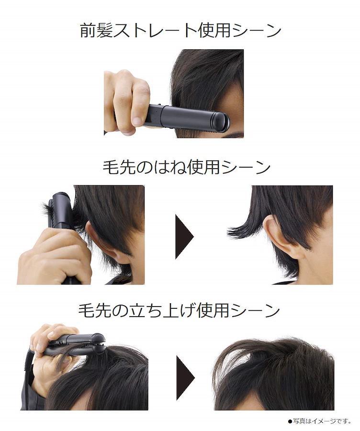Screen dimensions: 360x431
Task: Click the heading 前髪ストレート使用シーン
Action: pos(180,31)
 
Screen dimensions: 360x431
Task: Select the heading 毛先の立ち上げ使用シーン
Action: pos(179,311)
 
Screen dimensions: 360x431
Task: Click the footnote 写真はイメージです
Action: pos(319,421)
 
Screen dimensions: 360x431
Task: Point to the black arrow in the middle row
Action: pos(184,237)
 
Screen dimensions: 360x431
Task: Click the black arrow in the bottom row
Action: pos(185,378)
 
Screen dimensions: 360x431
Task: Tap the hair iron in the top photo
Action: pos(187,116)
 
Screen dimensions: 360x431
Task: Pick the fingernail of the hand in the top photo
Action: pos(137,120)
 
